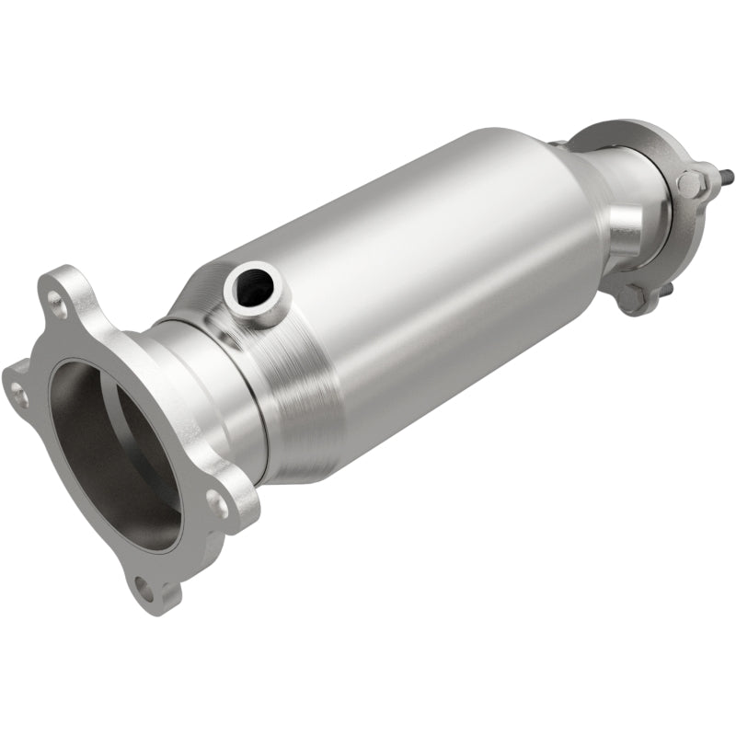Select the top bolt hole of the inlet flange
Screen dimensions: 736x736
58,301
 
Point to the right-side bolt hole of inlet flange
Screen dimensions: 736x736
217,501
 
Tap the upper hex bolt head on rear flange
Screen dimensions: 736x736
692,182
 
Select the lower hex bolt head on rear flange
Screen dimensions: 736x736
633,297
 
